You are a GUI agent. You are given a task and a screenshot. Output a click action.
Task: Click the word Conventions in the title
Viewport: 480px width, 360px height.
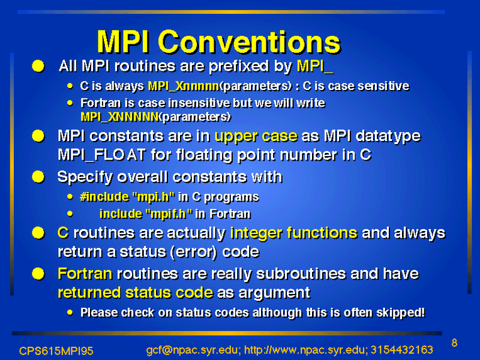click(249, 42)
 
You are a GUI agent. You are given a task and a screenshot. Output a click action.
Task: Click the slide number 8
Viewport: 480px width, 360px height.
click(454, 343)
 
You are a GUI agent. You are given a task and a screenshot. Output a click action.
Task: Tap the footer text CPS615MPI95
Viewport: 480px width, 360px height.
click(56, 351)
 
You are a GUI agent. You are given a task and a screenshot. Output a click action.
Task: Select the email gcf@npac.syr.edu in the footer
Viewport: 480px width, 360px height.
click(191, 350)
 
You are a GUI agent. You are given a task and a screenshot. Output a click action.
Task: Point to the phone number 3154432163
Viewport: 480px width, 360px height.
click(401, 350)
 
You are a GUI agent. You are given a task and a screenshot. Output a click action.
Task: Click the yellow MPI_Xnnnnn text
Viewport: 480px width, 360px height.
click(184, 86)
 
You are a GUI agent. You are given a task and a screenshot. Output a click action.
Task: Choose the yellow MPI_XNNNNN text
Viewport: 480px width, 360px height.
click(119, 116)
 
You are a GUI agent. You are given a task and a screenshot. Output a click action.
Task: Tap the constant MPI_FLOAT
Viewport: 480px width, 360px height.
click(101, 155)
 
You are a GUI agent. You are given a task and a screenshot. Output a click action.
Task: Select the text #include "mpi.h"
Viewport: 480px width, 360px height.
click(127, 197)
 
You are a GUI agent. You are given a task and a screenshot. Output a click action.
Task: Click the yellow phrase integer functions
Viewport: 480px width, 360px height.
click(293, 233)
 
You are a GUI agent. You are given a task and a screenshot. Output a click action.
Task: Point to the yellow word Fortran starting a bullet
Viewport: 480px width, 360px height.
click(85, 274)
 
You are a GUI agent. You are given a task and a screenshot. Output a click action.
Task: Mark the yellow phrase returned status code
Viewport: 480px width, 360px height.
click(136, 293)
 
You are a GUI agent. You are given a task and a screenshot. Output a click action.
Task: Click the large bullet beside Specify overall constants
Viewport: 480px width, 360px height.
click(38, 177)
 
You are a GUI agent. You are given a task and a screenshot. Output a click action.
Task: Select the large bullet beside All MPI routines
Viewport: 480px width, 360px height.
click(38, 66)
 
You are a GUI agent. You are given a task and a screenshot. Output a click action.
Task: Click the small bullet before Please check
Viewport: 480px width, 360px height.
click(70, 313)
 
